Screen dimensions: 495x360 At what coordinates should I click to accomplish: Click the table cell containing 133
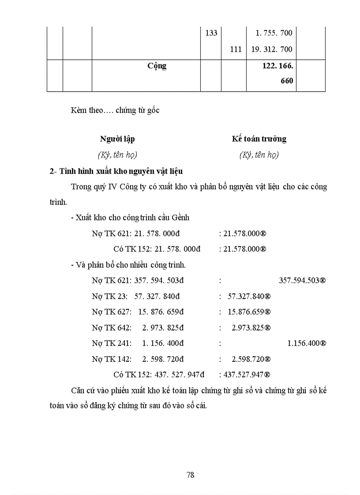211,33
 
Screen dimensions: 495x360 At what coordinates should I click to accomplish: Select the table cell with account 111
236,49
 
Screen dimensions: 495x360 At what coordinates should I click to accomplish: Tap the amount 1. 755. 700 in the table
274,33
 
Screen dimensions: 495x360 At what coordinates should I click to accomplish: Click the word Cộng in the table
157,66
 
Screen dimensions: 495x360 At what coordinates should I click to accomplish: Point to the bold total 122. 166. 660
278,73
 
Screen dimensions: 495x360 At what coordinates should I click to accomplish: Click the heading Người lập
117,139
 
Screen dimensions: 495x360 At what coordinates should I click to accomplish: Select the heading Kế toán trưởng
259,139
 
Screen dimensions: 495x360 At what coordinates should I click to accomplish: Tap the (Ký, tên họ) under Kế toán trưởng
259,155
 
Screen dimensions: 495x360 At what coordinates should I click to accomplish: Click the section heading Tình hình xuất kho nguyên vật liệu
116,171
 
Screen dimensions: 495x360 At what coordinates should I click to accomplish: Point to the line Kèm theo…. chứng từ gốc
115,111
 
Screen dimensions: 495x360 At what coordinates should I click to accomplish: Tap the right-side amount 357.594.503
302,280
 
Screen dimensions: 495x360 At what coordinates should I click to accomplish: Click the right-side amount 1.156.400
306,343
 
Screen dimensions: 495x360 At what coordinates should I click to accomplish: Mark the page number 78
191,475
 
